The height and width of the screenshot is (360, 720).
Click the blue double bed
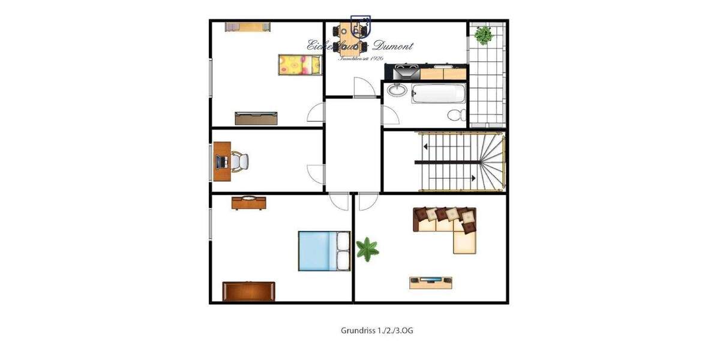click(x=324, y=251)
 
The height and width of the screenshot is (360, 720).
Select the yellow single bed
click(x=299, y=64)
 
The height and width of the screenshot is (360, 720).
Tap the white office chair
click(x=239, y=161)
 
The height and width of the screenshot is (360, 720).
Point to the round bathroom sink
click(x=397, y=91)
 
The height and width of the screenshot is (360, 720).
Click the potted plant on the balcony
click(x=484, y=34)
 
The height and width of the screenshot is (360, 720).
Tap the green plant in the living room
click(x=367, y=248)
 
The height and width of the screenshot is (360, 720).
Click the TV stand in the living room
click(x=431, y=282)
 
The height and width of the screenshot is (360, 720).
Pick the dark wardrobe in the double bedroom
click(x=248, y=291)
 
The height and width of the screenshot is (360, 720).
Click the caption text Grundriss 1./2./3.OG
click(x=377, y=331)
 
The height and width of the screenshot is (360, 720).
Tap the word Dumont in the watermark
click(x=393, y=46)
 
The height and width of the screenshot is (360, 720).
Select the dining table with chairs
click(x=352, y=36)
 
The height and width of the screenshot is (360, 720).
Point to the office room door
click(x=316, y=173)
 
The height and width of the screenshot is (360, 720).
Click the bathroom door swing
click(x=389, y=114)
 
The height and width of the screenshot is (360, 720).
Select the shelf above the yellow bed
click(x=247, y=26)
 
